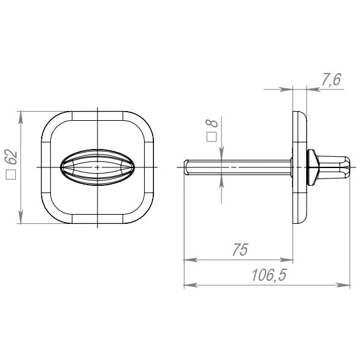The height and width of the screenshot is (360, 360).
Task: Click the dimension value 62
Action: pyautogui.click(x=11, y=157)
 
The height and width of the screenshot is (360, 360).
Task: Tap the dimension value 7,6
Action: pyautogui.click(x=331, y=80)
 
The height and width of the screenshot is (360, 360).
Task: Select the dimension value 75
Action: pyautogui.click(x=240, y=250)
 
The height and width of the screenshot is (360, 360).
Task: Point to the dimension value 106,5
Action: pyautogui.click(x=269, y=275)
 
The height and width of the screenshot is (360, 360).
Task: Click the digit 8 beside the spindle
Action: pyautogui.click(x=212, y=123)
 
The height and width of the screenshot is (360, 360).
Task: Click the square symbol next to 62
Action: pyautogui.click(x=11, y=175)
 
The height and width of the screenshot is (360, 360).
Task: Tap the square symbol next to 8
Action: pyautogui.click(x=212, y=137)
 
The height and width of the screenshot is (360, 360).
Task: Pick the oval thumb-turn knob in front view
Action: pyautogui.click(x=98, y=167)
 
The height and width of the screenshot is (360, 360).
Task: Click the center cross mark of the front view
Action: pyautogui.click(x=98, y=167)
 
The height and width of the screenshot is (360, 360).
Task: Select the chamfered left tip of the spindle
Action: pyautogui.click(x=186, y=167)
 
